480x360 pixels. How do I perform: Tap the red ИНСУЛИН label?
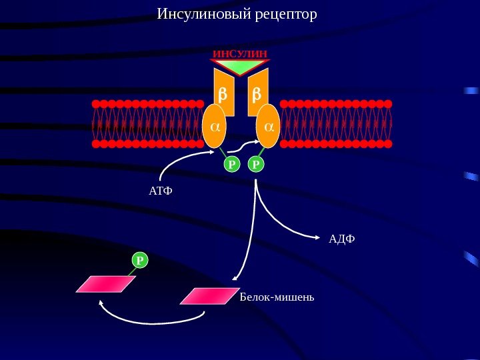click(x=240, y=53)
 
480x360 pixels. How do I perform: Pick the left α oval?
click(x=214, y=125)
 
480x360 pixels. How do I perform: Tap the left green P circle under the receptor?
click(x=231, y=163)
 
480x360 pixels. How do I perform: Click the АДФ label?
click(x=342, y=238)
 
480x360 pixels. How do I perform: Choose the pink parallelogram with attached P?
click(x=105, y=284)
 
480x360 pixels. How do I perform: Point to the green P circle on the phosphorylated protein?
click(x=140, y=260)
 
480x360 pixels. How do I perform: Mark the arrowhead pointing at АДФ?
click(x=316, y=236)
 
